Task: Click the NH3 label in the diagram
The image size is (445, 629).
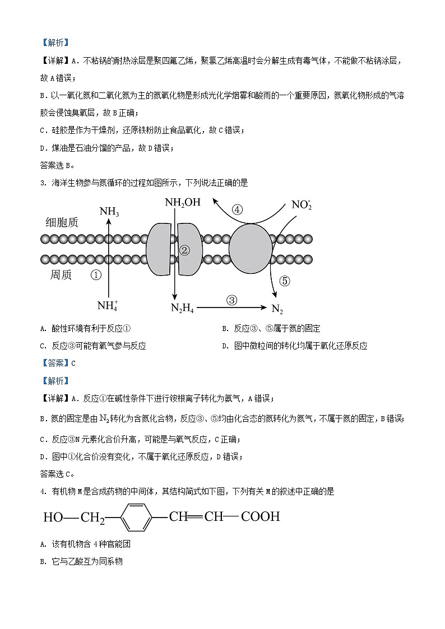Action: click(x=109, y=212)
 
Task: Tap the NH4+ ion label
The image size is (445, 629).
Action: click(x=108, y=305)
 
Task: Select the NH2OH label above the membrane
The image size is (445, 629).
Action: click(x=182, y=202)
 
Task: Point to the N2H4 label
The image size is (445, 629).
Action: click(x=182, y=307)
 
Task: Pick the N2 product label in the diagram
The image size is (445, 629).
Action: click(x=277, y=309)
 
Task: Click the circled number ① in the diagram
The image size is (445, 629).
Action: click(x=96, y=275)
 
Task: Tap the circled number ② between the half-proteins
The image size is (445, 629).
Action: click(x=185, y=250)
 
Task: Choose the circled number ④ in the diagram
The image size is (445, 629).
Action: click(x=237, y=210)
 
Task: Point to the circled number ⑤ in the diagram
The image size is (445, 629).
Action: click(x=284, y=281)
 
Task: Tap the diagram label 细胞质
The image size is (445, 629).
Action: click(x=62, y=222)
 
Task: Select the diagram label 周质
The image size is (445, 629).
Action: click(x=61, y=275)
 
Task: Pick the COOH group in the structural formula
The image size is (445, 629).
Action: click(x=260, y=516)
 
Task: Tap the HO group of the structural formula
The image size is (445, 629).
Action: click(x=53, y=517)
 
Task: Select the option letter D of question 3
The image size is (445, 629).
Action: click(x=224, y=346)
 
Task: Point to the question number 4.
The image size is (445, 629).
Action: click(x=43, y=491)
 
